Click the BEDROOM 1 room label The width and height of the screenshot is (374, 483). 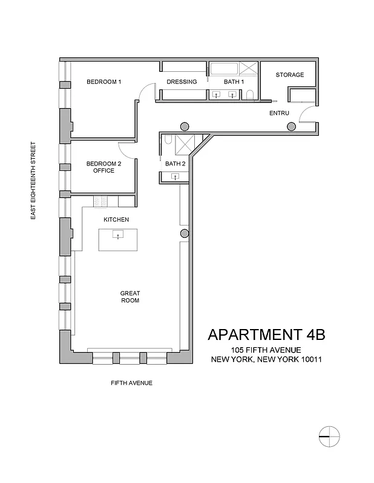[104, 82]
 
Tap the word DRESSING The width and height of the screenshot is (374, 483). [182, 82]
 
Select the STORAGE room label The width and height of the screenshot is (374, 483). [289, 75]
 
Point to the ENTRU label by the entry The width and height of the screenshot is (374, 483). [279, 113]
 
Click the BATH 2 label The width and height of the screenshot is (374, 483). [176, 164]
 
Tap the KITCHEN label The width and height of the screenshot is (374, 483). [116, 220]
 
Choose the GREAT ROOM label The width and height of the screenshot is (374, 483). [130, 296]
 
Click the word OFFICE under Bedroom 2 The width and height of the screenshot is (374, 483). [103, 171]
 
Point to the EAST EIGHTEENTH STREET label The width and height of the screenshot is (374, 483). [34, 181]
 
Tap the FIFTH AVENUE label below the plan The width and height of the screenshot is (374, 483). [131, 383]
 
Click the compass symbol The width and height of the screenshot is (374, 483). [328, 435]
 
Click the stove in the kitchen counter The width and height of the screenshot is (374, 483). [100, 201]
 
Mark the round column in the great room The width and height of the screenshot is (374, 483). [185, 234]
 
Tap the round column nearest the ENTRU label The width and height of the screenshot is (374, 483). [291, 126]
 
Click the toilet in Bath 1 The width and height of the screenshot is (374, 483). [250, 95]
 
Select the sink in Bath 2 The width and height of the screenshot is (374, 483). [175, 176]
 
